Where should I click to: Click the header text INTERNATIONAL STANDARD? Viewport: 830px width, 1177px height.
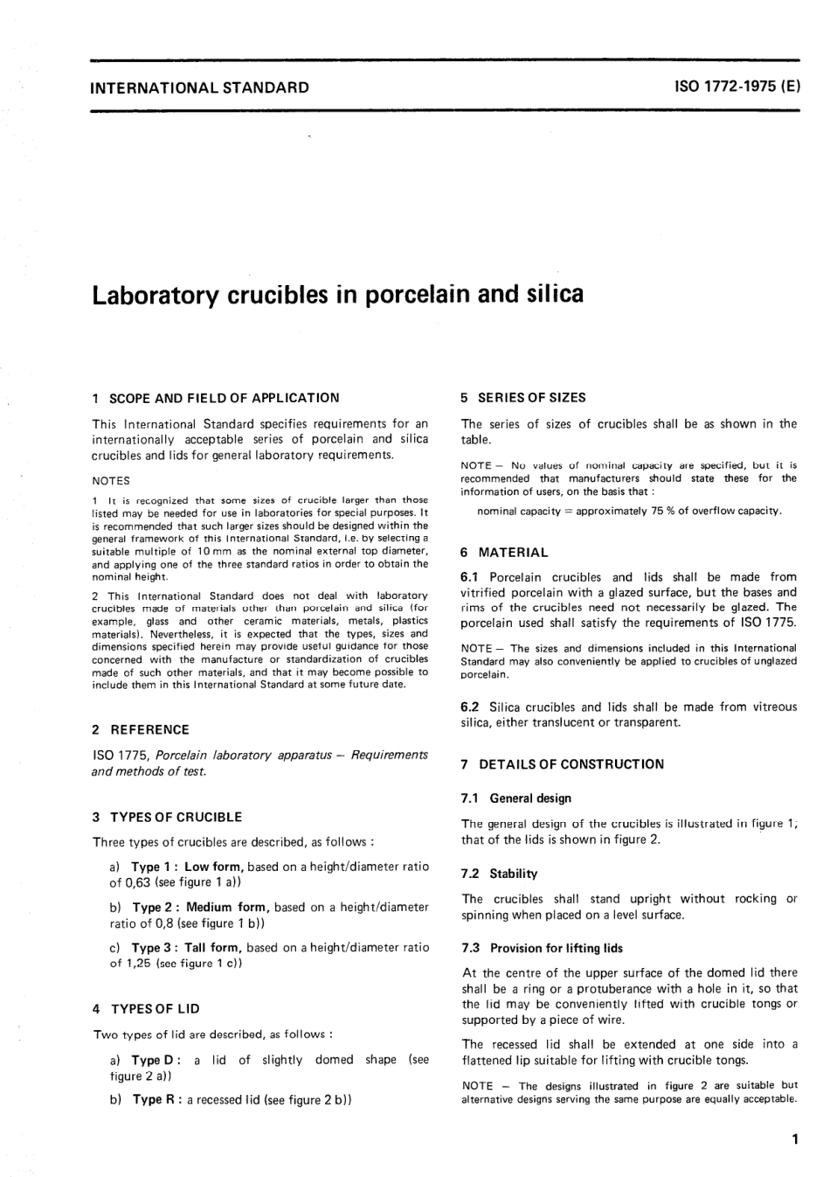click(x=200, y=87)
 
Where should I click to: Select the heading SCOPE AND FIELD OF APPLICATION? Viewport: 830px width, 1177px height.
click(x=225, y=398)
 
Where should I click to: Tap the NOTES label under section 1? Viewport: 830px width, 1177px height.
click(x=111, y=480)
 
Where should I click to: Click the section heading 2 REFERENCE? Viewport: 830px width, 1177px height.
click(x=141, y=729)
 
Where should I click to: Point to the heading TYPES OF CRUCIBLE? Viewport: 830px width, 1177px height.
click(x=176, y=817)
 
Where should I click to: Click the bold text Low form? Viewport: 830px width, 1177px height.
click(x=214, y=867)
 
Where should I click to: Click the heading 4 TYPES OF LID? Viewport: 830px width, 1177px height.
click(x=146, y=1008)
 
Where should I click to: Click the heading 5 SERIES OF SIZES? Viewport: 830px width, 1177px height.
click(x=523, y=398)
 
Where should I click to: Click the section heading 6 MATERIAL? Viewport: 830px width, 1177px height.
click(x=505, y=553)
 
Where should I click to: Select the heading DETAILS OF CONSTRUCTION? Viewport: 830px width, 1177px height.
click(x=571, y=764)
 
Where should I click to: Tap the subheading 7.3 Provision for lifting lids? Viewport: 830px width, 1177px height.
click(x=542, y=948)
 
